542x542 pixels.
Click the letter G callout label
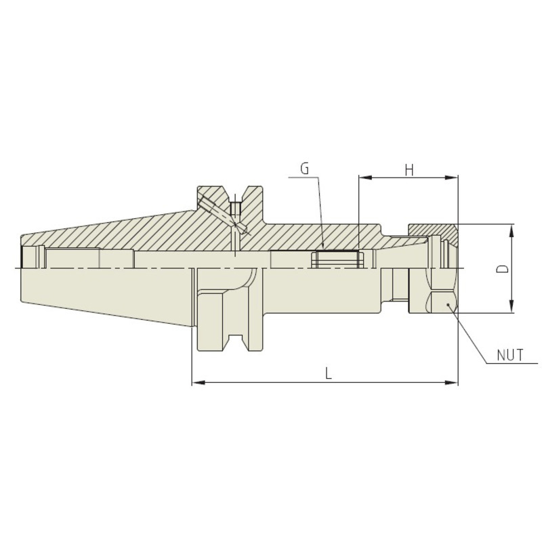[304, 169]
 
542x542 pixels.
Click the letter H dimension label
[409, 170]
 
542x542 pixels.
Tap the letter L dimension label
[329, 373]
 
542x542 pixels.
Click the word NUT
[510, 355]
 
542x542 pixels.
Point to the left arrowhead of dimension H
[365, 178]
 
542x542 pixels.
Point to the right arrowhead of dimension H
[451, 178]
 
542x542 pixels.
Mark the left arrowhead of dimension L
[199, 383]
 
